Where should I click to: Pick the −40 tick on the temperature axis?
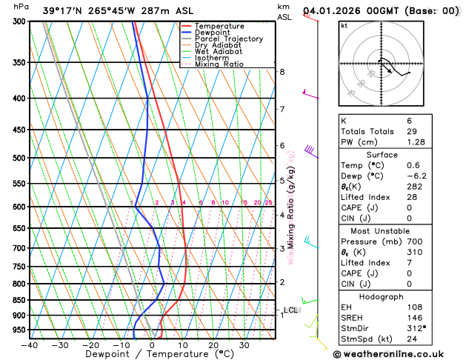pyautogui.click(x=29, y=344)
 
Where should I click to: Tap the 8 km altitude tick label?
pyautogui.click(x=282, y=72)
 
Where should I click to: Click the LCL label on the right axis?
pyautogui.click(x=291, y=310)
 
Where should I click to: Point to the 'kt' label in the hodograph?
pyautogui.click(x=344, y=25)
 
